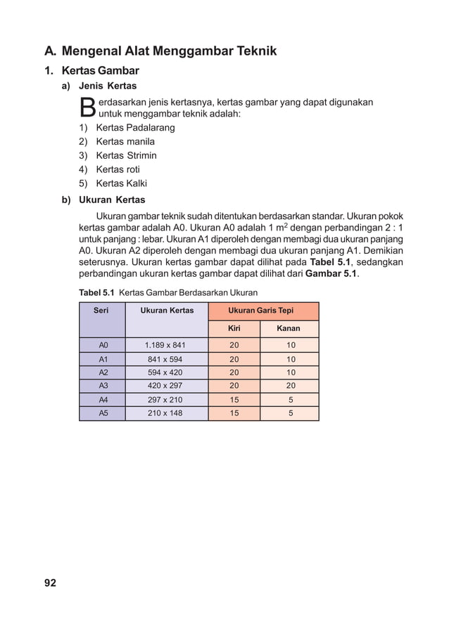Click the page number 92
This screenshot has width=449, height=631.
tap(50, 583)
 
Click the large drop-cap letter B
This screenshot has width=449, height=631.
tap(87, 108)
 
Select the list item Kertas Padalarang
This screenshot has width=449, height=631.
tap(135, 127)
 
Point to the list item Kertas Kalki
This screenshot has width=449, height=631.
tap(121, 184)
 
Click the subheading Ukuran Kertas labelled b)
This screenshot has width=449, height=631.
tap(112, 200)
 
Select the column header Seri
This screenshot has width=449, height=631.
tap(101, 310)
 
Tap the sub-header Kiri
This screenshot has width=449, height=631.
tap(234, 328)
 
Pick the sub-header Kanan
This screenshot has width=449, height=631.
tap(289, 328)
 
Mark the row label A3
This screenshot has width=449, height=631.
tap(103, 386)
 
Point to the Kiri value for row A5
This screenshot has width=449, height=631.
tap(234, 413)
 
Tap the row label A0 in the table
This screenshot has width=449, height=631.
tap(103, 345)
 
